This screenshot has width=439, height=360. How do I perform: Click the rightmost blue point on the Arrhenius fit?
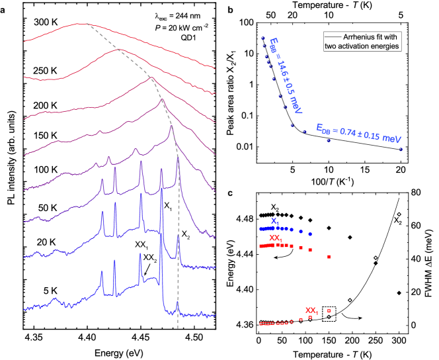[x=400, y=149]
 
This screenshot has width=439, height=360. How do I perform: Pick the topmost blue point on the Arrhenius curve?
[x=262, y=38]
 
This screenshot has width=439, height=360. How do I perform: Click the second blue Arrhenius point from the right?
[x=328, y=140]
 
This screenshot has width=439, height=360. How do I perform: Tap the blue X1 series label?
[x=274, y=221]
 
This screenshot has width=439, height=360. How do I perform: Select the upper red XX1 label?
[x=276, y=238]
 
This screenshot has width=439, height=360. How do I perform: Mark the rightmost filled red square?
[x=329, y=257]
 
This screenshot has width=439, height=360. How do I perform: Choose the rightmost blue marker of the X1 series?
[x=310, y=234]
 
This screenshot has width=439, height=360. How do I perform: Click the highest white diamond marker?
[x=399, y=214]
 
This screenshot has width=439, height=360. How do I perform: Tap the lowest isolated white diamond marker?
[x=350, y=300]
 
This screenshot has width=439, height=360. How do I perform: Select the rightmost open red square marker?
[x=329, y=311]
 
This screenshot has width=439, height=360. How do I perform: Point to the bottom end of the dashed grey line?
[x=178, y=328]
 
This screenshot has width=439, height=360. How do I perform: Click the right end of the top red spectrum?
[x=216, y=67]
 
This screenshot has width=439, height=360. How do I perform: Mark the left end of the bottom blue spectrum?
[x=24, y=308]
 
